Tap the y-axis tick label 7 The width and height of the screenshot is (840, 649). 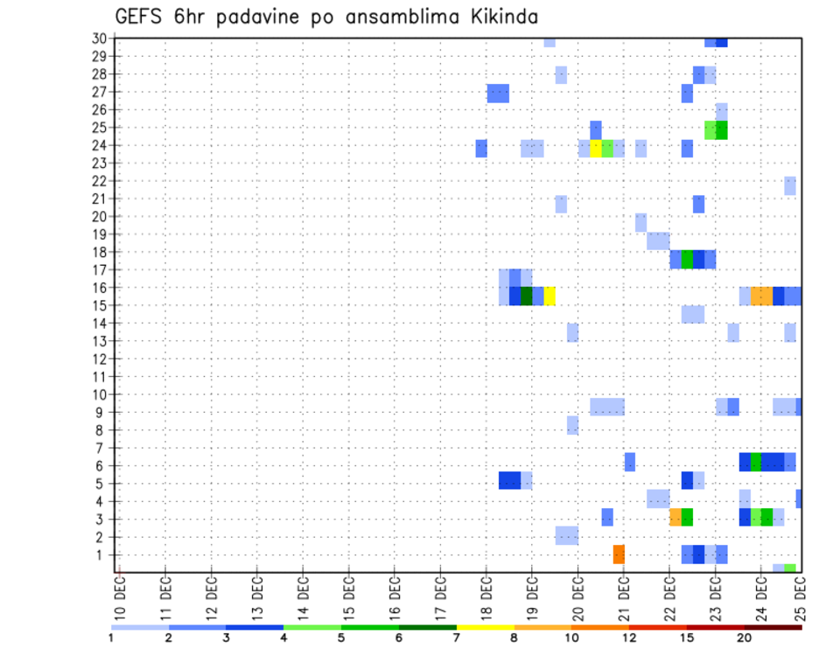point(102,448)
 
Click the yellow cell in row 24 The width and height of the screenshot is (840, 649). point(596,149)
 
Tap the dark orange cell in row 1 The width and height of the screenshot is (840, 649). point(619,555)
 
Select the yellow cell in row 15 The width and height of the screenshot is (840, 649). point(549,296)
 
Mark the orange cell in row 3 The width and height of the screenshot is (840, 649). point(675,517)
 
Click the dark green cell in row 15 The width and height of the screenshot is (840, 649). point(527,296)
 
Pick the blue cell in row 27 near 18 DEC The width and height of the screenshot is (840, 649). point(498,93)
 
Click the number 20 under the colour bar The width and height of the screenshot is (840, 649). point(745,638)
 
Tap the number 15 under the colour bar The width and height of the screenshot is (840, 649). point(687,638)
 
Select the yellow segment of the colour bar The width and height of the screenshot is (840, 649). point(485,627)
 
